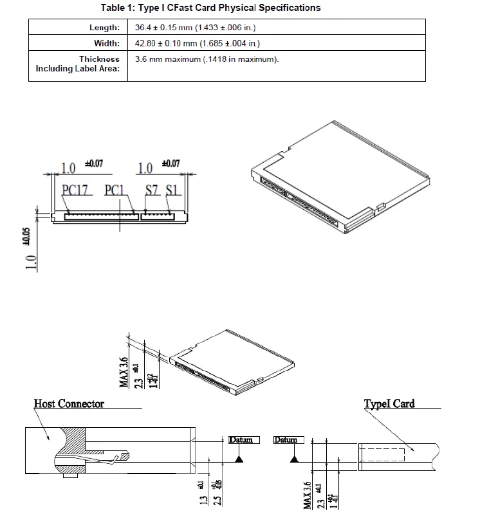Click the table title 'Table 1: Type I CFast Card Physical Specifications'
pos(210,8)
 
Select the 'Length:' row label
pos(104,28)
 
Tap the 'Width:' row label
pos(107,43)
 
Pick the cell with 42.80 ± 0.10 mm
pos(197,43)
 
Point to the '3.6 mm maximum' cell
pos(207,59)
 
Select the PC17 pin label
pos(75,190)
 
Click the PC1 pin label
pos(117,190)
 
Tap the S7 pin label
pos(152,190)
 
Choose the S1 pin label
pos(172,190)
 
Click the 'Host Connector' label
pos(69,403)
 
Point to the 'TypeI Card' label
pos(389,403)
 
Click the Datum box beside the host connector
pos(241,440)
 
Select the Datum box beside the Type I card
pos(286,440)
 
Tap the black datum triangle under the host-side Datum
pos(239,459)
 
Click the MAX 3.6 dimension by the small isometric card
pos(124,369)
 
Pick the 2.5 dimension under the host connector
pos(218,498)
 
